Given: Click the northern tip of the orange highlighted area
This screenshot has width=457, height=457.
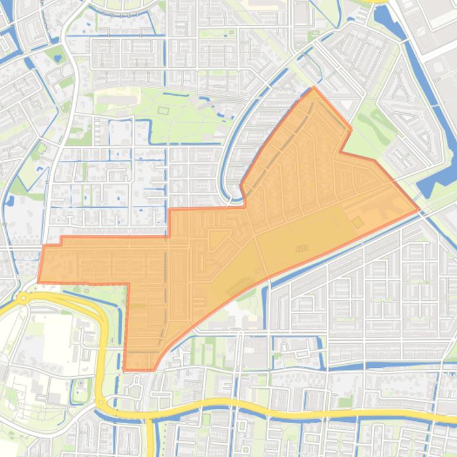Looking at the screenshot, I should click(x=314, y=88).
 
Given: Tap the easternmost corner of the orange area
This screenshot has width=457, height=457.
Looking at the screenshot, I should click(x=419, y=210).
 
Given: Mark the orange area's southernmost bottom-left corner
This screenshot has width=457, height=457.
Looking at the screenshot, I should click(x=124, y=370).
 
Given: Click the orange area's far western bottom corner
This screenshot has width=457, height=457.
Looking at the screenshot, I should click(x=39, y=281).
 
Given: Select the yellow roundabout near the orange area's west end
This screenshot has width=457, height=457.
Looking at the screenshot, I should click(x=23, y=298).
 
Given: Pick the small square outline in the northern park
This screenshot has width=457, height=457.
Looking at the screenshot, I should click(x=163, y=110).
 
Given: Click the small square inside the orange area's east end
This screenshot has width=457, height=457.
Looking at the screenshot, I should click(x=357, y=223).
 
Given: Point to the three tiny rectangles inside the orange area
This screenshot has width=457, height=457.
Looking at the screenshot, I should click(x=302, y=249).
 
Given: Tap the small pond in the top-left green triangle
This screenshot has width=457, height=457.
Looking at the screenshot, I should click(x=57, y=58).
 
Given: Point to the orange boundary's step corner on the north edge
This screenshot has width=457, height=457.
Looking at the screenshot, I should click(x=170, y=210).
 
